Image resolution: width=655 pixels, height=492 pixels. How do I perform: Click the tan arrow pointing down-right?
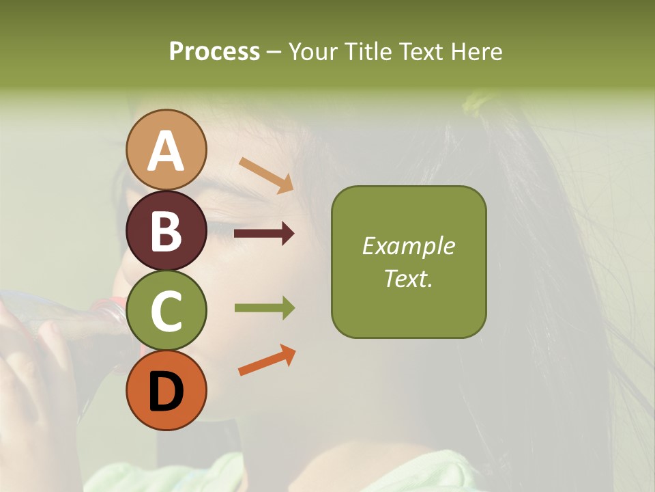(267, 175)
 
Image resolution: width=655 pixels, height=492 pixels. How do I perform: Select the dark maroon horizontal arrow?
(264, 234)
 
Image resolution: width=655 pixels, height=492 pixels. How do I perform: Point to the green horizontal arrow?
(264, 308)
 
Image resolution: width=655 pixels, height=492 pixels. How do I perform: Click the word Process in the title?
(214, 51)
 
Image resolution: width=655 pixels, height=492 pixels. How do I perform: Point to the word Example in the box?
(409, 246)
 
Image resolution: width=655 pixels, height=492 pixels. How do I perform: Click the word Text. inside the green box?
(409, 278)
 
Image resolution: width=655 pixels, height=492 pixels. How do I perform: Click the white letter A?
(166, 151)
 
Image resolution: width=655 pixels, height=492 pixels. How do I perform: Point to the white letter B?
(166, 231)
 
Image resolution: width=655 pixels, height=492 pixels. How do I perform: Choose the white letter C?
(166, 311)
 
